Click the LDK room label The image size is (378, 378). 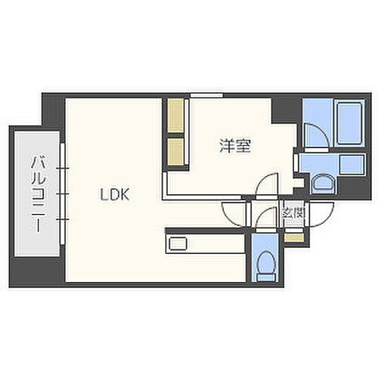coord(116,194)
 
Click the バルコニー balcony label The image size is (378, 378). coord(36,193)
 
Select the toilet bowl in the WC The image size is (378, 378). coord(265,264)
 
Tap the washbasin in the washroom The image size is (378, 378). coord(322,182)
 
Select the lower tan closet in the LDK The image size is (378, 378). coord(176,149)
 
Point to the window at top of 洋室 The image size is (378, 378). coord(206,94)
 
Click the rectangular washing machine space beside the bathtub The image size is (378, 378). coord(352,164)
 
